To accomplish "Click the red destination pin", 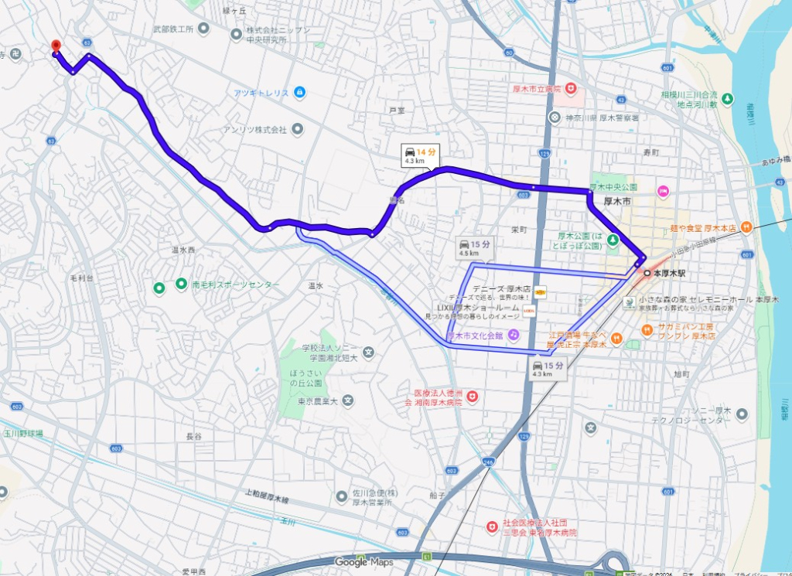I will [x=55, y=46].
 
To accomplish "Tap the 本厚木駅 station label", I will [x=670, y=274].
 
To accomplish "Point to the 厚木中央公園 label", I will [x=613, y=187].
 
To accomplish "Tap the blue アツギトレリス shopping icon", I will [x=299, y=93].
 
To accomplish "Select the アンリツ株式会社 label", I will [x=255, y=130].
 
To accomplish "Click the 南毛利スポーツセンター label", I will [x=235, y=285].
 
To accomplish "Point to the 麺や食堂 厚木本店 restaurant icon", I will [x=746, y=227].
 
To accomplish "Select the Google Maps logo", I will [x=363, y=562].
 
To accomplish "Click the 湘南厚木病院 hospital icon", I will [x=472, y=397].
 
